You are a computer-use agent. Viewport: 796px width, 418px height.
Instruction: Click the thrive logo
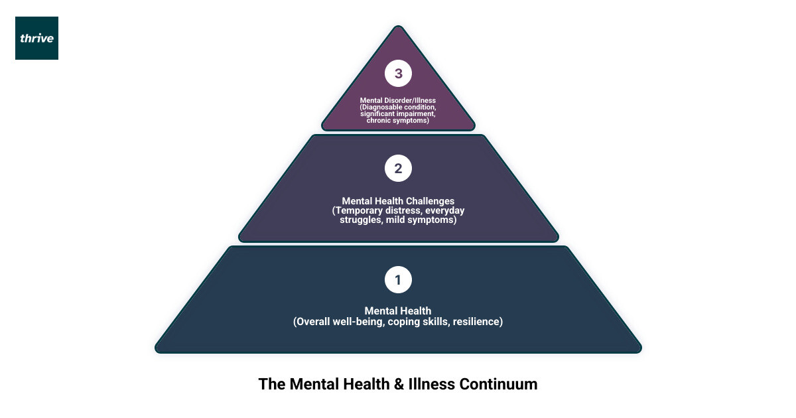(x=36, y=38)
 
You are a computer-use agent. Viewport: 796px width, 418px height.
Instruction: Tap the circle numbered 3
(x=398, y=74)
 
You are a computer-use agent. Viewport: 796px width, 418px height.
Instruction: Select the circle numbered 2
(x=398, y=169)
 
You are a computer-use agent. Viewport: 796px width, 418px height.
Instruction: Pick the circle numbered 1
(x=398, y=280)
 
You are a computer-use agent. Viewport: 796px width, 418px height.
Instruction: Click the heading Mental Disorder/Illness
(x=398, y=100)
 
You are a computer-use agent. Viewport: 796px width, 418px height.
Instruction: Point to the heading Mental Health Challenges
(x=398, y=200)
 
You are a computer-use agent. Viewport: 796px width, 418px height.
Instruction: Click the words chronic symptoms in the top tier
(x=398, y=121)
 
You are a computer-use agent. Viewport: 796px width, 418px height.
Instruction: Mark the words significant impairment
(x=397, y=114)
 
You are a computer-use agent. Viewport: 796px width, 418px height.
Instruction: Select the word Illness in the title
(x=433, y=384)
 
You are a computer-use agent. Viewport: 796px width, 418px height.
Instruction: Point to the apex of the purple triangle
(x=398, y=28)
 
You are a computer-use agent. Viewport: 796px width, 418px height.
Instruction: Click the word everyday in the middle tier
(x=444, y=210)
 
